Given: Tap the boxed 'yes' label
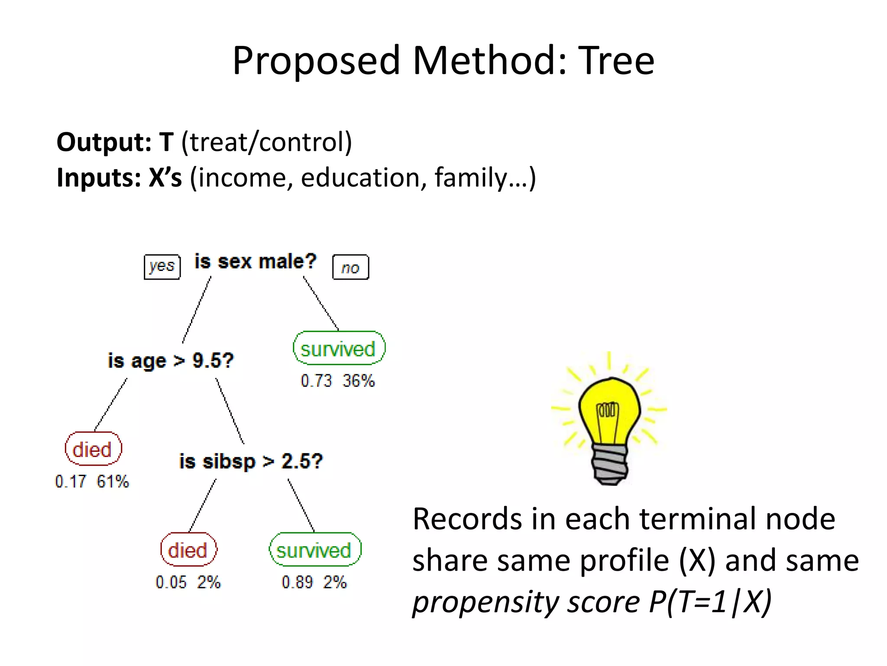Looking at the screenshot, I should point(162,266).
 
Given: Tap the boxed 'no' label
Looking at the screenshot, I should point(350,268).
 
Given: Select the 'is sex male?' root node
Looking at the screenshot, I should point(256,262).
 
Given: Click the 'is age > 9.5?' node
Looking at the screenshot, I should point(171,361).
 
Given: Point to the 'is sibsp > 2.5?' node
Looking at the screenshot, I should point(251,461).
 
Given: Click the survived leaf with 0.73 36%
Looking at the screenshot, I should point(338,349).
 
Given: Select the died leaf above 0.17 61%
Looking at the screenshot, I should point(93,449).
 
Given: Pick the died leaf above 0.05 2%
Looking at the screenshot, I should point(188,550).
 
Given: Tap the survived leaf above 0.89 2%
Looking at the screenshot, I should point(314,550).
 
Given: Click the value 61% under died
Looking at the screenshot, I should point(113,481).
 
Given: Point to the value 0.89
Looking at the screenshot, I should point(297,582).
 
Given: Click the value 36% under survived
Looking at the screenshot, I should point(359,381).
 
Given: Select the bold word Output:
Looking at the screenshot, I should point(104,142).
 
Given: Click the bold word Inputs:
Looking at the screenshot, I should point(99,178).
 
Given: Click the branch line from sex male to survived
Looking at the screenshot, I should point(320,304).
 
